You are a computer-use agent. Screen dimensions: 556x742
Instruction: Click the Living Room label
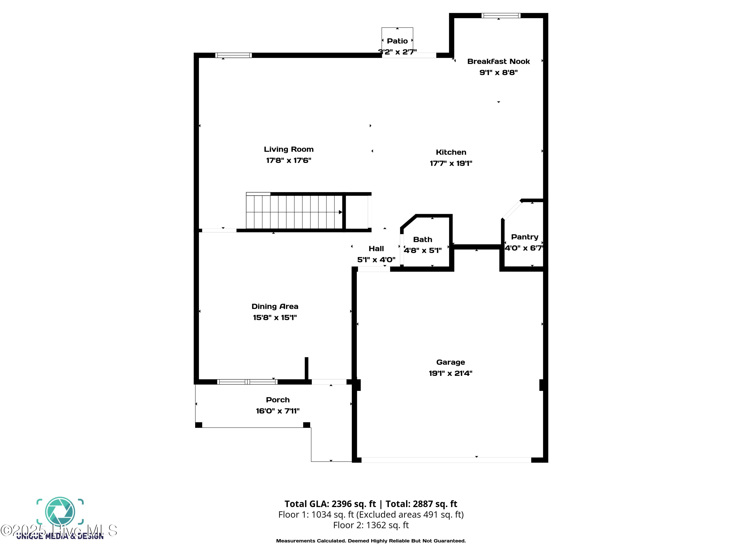tap(288, 149)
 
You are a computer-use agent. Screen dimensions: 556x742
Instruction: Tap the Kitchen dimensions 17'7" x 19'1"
tap(451, 163)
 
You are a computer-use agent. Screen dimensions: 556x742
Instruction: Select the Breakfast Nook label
tap(498, 61)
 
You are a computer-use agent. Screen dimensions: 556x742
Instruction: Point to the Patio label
tap(397, 41)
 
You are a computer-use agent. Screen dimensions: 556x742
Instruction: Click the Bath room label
tap(422, 239)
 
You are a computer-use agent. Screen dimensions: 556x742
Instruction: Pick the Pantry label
tap(524, 237)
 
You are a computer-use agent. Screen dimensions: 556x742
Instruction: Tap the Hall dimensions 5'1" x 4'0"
tap(376, 259)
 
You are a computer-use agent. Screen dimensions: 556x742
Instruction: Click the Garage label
tap(450, 362)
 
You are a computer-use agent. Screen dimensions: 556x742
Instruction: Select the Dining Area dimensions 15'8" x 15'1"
tap(275, 317)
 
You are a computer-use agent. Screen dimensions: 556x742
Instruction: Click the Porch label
tap(278, 400)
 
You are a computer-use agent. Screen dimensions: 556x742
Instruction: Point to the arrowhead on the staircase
tap(340, 212)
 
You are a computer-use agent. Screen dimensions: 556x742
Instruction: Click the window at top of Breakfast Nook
tap(501, 15)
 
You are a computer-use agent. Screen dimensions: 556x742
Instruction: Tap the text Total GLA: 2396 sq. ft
tap(330, 504)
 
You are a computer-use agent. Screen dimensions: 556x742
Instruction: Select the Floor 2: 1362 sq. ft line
tap(371, 525)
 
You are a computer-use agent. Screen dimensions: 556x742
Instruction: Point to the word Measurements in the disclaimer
tap(294, 541)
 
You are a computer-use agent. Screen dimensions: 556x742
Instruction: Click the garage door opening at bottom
tap(446, 460)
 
